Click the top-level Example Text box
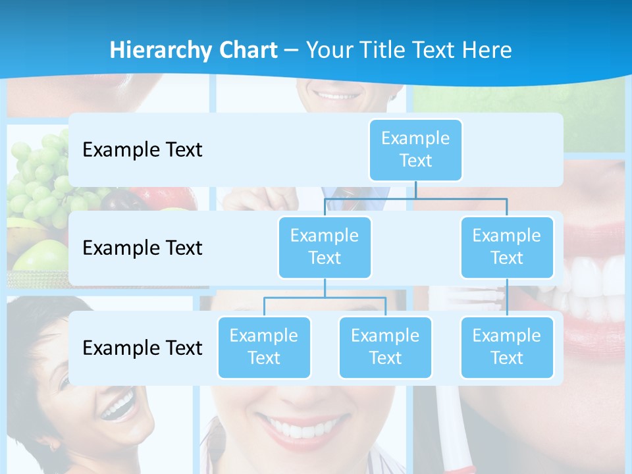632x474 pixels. [x=415, y=150]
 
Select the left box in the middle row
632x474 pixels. [x=325, y=248]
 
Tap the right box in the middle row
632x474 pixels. [x=507, y=248]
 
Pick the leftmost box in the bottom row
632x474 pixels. [x=264, y=348]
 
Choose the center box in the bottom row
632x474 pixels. [x=385, y=348]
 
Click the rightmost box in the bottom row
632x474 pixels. [x=507, y=348]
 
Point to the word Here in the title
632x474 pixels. [x=487, y=50]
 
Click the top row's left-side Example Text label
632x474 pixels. [x=142, y=150]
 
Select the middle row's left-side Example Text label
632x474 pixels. [x=142, y=248]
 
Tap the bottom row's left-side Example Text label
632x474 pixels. [x=142, y=348]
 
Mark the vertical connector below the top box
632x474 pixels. [x=415, y=190]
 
